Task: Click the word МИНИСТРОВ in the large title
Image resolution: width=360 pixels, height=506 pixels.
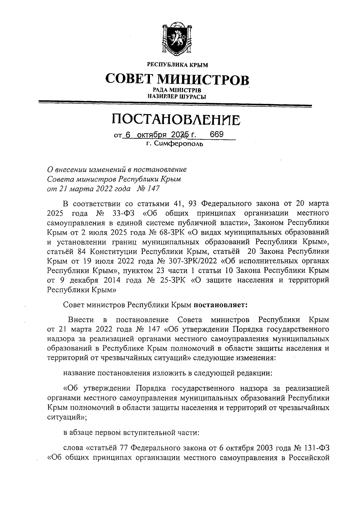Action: coord(203,79)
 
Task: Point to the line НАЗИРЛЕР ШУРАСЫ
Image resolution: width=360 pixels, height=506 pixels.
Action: coord(177,96)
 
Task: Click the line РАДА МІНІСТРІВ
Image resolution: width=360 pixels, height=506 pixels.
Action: coord(177,90)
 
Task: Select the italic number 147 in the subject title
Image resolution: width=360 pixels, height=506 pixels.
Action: coord(154,189)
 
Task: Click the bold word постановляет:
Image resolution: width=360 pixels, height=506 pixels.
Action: coord(221,305)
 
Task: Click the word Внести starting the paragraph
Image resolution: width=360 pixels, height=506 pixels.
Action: coord(81,319)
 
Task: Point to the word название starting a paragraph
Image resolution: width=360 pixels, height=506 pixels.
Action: coord(78,373)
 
